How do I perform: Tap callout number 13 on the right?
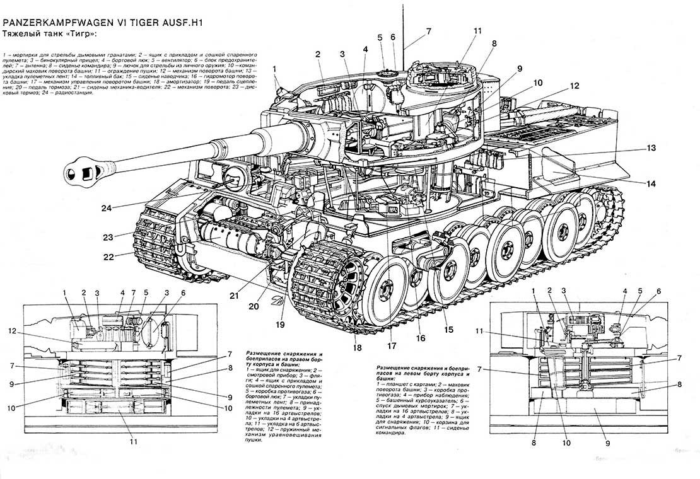click(650, 148)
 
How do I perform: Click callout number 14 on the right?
click(650, 183)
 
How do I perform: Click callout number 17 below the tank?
click(392, 345)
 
